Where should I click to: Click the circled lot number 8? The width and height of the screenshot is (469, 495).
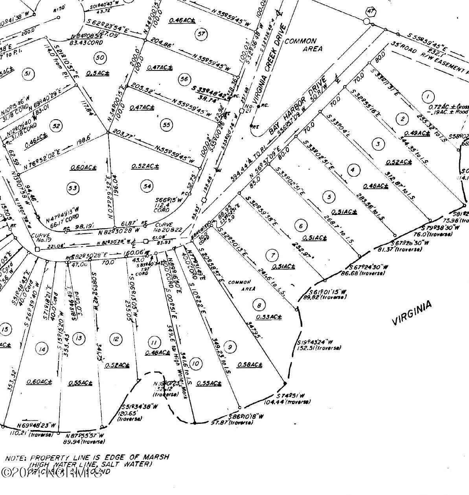(259, 305)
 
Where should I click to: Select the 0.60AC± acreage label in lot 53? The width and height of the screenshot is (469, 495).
(83, 168)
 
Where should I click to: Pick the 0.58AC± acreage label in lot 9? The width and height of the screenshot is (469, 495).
(249, 365)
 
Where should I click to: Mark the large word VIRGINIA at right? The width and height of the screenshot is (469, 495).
(412, 313)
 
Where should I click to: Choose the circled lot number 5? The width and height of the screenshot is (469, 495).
(329, 197)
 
